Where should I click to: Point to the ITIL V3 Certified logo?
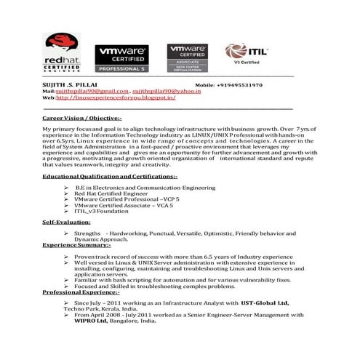247,52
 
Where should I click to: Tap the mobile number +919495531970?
237,85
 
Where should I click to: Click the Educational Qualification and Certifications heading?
109,177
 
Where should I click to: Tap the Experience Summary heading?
76,245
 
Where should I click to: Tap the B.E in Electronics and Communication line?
145,187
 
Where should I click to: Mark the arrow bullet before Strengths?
66,233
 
